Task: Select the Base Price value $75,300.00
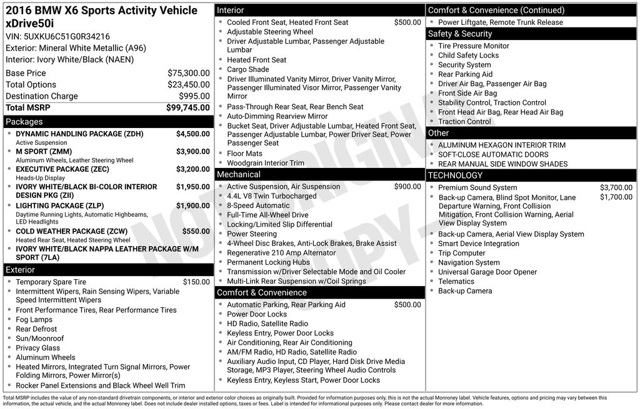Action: pos(188,73)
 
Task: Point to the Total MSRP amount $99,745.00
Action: pos(187,107)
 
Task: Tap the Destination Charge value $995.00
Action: pos(194,96)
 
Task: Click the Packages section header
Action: pos(24,122)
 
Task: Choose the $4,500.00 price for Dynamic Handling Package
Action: pos(192,134)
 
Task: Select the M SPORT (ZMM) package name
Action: pos(44,152)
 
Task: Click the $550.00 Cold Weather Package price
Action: pos(196,231)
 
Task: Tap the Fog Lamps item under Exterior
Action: pos(34,320)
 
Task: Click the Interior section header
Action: pos(230,10)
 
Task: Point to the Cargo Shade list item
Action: pos(247,69)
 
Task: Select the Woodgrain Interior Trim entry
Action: pos(265,163)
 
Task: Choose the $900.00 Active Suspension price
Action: pos(407,187)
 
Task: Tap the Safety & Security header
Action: pos(459,34)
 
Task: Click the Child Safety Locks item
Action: pos(468,56)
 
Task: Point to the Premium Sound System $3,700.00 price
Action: pos(616,187)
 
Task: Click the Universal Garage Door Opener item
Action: pos(487,272)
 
